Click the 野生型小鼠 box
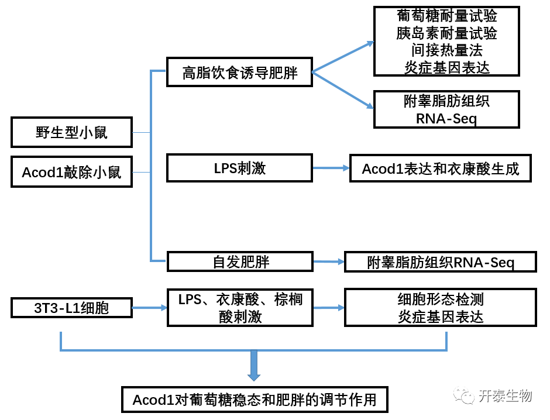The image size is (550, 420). pos(71,132)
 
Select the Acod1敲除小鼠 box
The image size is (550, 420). pos(71,172)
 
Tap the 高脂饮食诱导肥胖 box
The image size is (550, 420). pos(239,73)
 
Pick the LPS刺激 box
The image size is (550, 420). pos(239,168)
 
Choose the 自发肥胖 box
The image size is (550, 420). pos(240,261)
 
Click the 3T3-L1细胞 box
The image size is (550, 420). pos(71,307)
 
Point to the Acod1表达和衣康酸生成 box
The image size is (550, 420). pos(440,168)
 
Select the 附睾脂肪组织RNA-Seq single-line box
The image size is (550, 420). pos(440,262)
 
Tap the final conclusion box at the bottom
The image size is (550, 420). pos(254,400)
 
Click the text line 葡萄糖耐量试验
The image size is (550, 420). pos(446,16)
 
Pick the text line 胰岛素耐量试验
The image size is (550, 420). pos(446,33)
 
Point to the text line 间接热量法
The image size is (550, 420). pos(446,50)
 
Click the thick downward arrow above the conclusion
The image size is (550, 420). pos(254,366)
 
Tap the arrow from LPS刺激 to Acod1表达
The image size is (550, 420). pos(331,168)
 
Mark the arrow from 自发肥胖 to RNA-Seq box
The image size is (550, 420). pos(328,261)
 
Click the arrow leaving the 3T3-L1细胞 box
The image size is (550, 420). pos(150,307)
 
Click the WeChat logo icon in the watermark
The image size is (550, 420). pos(464,396)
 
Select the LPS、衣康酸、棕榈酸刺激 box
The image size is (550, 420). pos(240,307)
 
